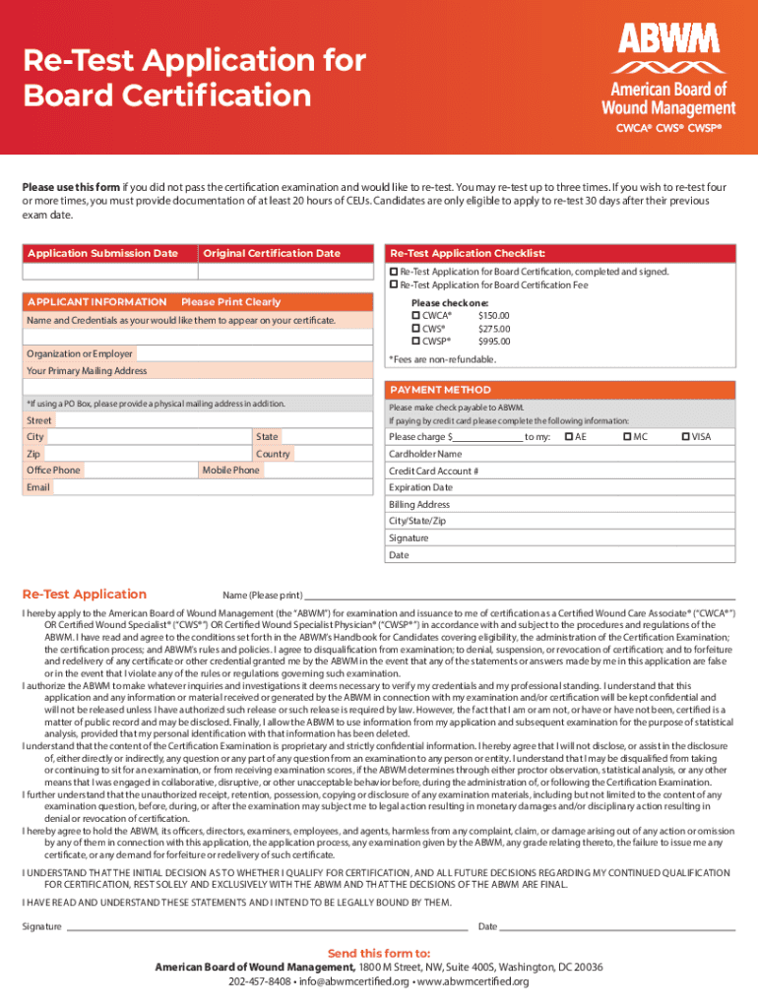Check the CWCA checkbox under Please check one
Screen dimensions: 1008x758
coord(415,316)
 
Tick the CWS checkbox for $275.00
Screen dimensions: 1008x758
coord(415,329)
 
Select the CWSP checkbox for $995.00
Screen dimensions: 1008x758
coord(415,342)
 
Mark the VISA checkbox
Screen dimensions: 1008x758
coord(686,436)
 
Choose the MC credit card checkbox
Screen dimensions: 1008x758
coord(627,436)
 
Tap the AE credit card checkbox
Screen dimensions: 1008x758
coord(568,436)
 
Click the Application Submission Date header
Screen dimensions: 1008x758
coord(102,254)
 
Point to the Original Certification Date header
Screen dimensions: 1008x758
coord(272,254)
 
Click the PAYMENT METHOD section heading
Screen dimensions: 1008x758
coord(440,390)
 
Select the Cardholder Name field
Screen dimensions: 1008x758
coord(559,454)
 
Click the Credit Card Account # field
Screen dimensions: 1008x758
coord(559,471)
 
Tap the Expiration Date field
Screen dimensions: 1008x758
coord(559,487)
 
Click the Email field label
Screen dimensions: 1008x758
coord(37,487)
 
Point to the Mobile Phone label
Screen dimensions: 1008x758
coord(230,471)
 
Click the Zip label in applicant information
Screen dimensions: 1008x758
coord(33,454)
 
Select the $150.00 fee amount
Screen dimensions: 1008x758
coord(493,316)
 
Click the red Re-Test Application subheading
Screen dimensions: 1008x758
coord(84,594)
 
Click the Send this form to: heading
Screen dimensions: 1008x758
coord(378,953)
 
